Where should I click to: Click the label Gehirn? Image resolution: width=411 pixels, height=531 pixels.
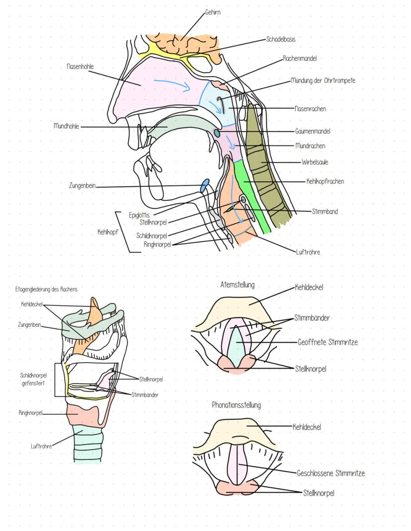tap(212, 13)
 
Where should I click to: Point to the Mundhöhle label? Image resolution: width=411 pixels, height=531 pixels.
tap(67, 127)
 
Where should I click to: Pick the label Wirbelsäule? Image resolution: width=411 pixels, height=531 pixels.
tap(315, 162)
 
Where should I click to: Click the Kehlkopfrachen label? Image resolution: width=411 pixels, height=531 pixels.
tap(325, 182)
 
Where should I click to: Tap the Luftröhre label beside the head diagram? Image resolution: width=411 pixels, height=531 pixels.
tap(308, 252)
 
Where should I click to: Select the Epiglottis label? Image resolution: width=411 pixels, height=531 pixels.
tap(139, 215)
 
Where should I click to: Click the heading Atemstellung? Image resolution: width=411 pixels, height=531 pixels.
tap(237, 285)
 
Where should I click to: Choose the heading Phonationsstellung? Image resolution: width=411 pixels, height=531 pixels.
tap(236, 405)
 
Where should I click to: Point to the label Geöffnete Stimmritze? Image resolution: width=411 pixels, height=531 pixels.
tap(328, 342)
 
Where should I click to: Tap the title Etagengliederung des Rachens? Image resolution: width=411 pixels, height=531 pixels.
tap(50, 288)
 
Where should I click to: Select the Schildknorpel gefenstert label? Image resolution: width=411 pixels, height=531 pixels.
tap(34, 379)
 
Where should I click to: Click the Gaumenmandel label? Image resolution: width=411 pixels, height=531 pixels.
tap(313, 131)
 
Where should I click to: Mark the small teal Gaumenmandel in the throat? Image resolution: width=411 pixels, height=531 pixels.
tap(216, 133)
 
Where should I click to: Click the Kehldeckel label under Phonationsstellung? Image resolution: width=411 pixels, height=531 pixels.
tap(307, 426)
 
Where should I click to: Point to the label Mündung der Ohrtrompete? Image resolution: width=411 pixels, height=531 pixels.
tap(323, 80)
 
